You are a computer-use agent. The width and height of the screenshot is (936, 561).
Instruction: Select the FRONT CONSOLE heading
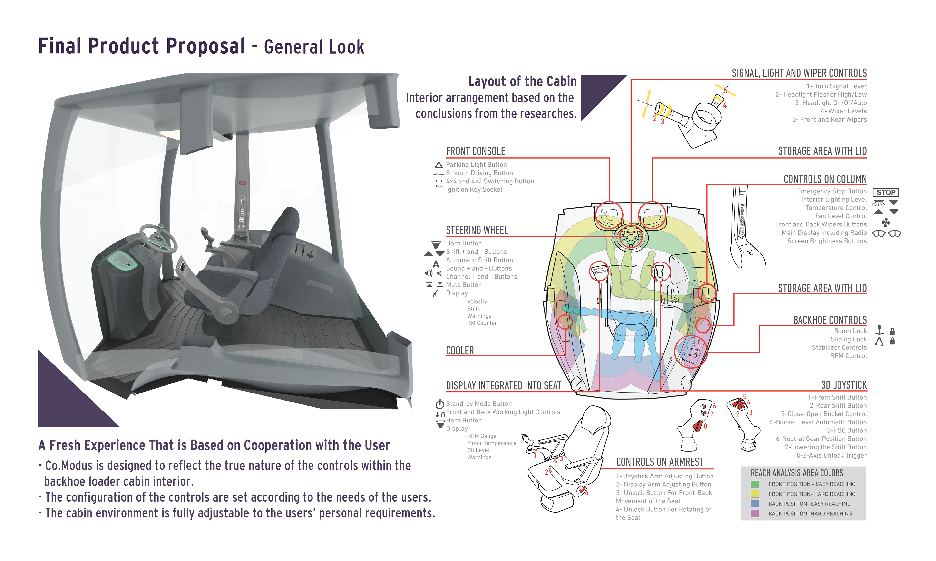[475, 151]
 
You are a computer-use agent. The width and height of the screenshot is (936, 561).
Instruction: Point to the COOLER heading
[460, 350]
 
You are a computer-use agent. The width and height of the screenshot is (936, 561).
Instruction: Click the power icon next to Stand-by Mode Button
[439, 404]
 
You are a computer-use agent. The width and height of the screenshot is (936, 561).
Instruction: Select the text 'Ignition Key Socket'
[474, 190]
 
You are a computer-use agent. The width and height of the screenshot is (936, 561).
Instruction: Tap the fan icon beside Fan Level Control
[886, 222]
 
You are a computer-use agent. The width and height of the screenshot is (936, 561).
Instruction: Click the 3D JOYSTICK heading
[844, 385]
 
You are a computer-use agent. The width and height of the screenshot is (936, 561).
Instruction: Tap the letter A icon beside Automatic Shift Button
[436, 264]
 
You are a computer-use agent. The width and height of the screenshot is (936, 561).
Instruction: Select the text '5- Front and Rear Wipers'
[829, 120]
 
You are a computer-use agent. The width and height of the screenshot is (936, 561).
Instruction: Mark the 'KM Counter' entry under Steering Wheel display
[482, 323]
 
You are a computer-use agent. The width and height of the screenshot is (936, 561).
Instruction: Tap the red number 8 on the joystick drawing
[705, 426]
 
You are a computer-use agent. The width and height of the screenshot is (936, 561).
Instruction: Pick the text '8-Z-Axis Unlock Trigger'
[831, 456]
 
